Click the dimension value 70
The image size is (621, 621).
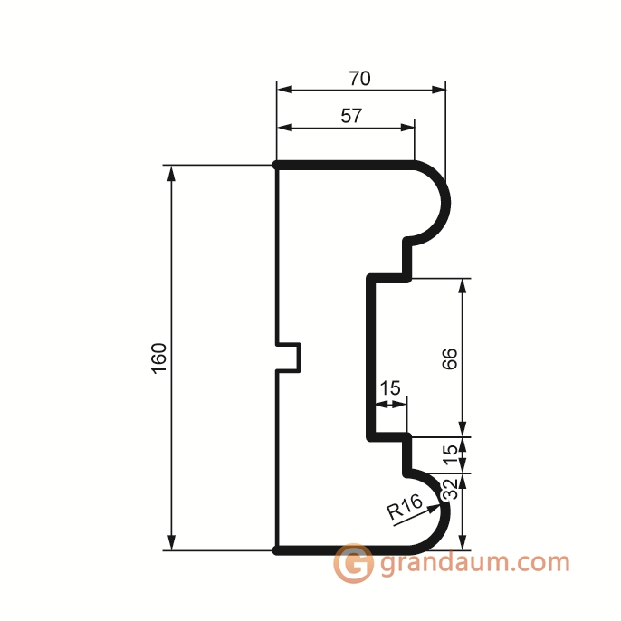(x=359, y=79)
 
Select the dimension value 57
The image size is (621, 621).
(x=351, y=116)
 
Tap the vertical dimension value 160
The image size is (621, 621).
(x=159, y=358)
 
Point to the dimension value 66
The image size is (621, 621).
(x=450, y=358)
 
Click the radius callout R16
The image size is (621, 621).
(x=405, y=507)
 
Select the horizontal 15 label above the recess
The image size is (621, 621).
(x=390, y=388)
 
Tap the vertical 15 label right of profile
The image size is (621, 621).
(x=450, y=455)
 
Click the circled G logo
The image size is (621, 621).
(x=353, y=563)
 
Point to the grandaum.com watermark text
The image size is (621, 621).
(x=475, y=563)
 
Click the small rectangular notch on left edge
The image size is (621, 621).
(x=288, y=358)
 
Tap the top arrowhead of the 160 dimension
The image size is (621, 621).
(x=171, y=173)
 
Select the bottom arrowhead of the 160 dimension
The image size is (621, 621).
(x=171, y=542)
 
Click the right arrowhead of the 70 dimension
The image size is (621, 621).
(x=437, y=90)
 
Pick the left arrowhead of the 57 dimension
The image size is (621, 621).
(x=285, y=128)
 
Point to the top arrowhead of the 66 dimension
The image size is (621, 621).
(x=463, y=286)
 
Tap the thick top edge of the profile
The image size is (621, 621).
(x=345, y=165)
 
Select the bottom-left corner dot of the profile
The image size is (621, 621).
(x=276, y=550)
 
